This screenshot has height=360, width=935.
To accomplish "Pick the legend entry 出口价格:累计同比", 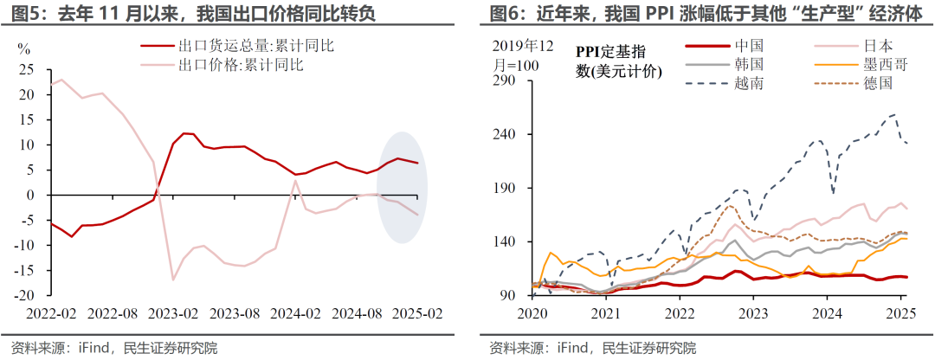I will coord(242,63).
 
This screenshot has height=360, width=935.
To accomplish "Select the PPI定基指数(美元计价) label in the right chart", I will coord(618,61).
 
